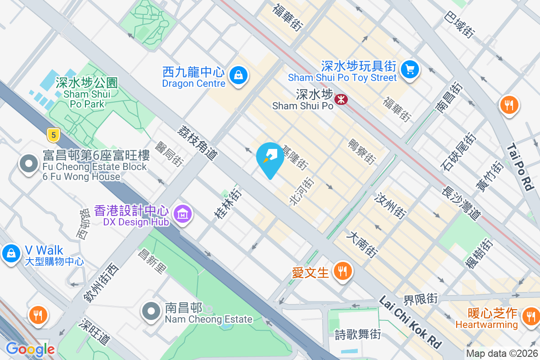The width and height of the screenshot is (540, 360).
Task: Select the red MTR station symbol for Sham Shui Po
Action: coord(341,99)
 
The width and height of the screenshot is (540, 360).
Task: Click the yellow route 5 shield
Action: coord(53,134)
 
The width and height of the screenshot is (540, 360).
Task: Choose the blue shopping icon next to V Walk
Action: coord(10,253)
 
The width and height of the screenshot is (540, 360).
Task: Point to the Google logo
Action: coord(30,349)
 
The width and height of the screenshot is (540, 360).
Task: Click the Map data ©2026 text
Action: coord(502,354)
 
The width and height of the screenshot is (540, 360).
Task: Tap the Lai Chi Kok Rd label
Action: coord(410,321)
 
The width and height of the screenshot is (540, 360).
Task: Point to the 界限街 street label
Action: coord(420,299)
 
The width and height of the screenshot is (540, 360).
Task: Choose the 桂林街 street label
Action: coord(228,203)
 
